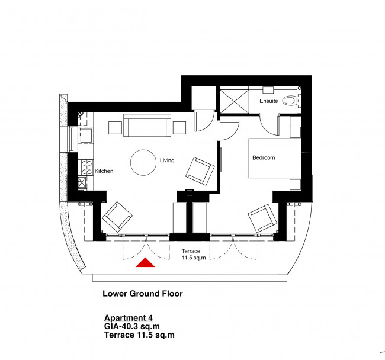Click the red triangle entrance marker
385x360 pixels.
[x=146, y=263]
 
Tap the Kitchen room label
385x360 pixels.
[x=104, y=171]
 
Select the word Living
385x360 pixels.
[x=167, y=160]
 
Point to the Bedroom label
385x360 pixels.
[x=264, y=158]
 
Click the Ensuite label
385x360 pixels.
[x=269, y=101]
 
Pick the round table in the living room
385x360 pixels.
[x=145, y=162]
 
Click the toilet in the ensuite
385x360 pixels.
[x=290, y=101]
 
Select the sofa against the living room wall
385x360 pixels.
[x=146, y=126]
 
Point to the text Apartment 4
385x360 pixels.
[x=129, y=317]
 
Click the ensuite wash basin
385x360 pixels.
[x=268, y=90]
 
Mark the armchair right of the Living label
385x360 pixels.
[x=200, y=171]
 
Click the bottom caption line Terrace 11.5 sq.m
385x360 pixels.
[x=139, y=335]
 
